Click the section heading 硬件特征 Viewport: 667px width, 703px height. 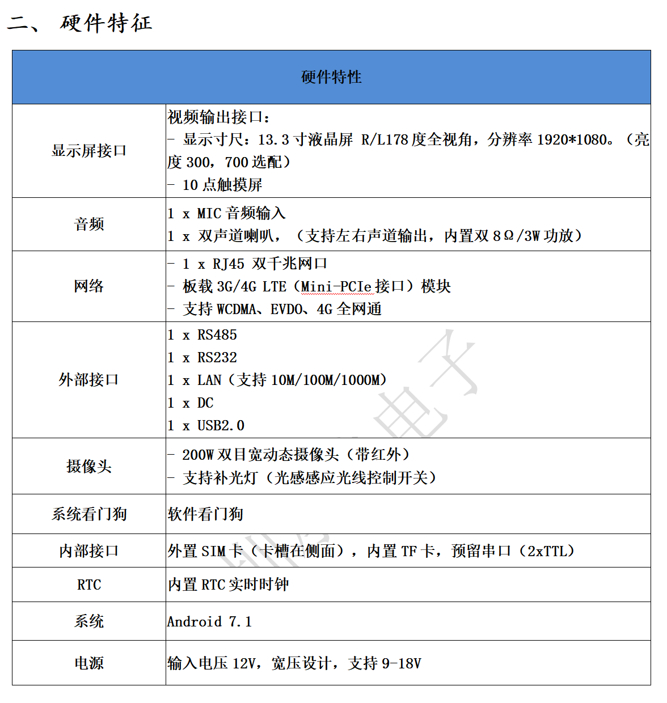point(106,23)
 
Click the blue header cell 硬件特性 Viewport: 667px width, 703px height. point(331,77)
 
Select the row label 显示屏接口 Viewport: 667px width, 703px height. point(89,151)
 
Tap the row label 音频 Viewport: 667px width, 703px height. point(89,224)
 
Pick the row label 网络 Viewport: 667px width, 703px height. point(89,286)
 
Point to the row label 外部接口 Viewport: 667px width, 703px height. point(89,380)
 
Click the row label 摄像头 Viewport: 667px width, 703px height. point(89,467)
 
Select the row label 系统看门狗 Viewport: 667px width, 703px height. point(89,514)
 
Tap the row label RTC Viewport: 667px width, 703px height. point(89,585)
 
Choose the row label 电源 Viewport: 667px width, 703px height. point(89,663)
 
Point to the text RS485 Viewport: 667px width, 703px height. point(217,335)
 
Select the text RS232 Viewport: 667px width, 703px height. point(217,358)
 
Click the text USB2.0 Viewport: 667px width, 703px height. point(221,426)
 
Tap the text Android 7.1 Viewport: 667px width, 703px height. point(209,622)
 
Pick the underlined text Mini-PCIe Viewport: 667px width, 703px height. point(337,287)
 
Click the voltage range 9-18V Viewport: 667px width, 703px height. point(402,663)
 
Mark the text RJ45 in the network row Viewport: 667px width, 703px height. point(229,264)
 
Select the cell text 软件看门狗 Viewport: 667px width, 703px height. point(205,514)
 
